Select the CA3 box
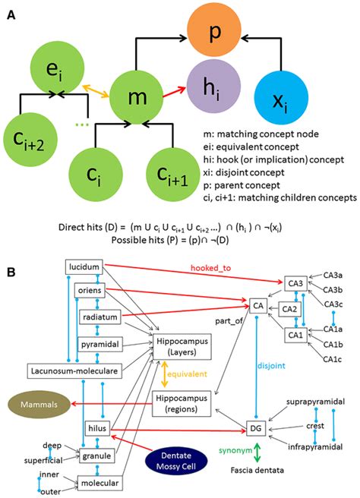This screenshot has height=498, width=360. point(295,283)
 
